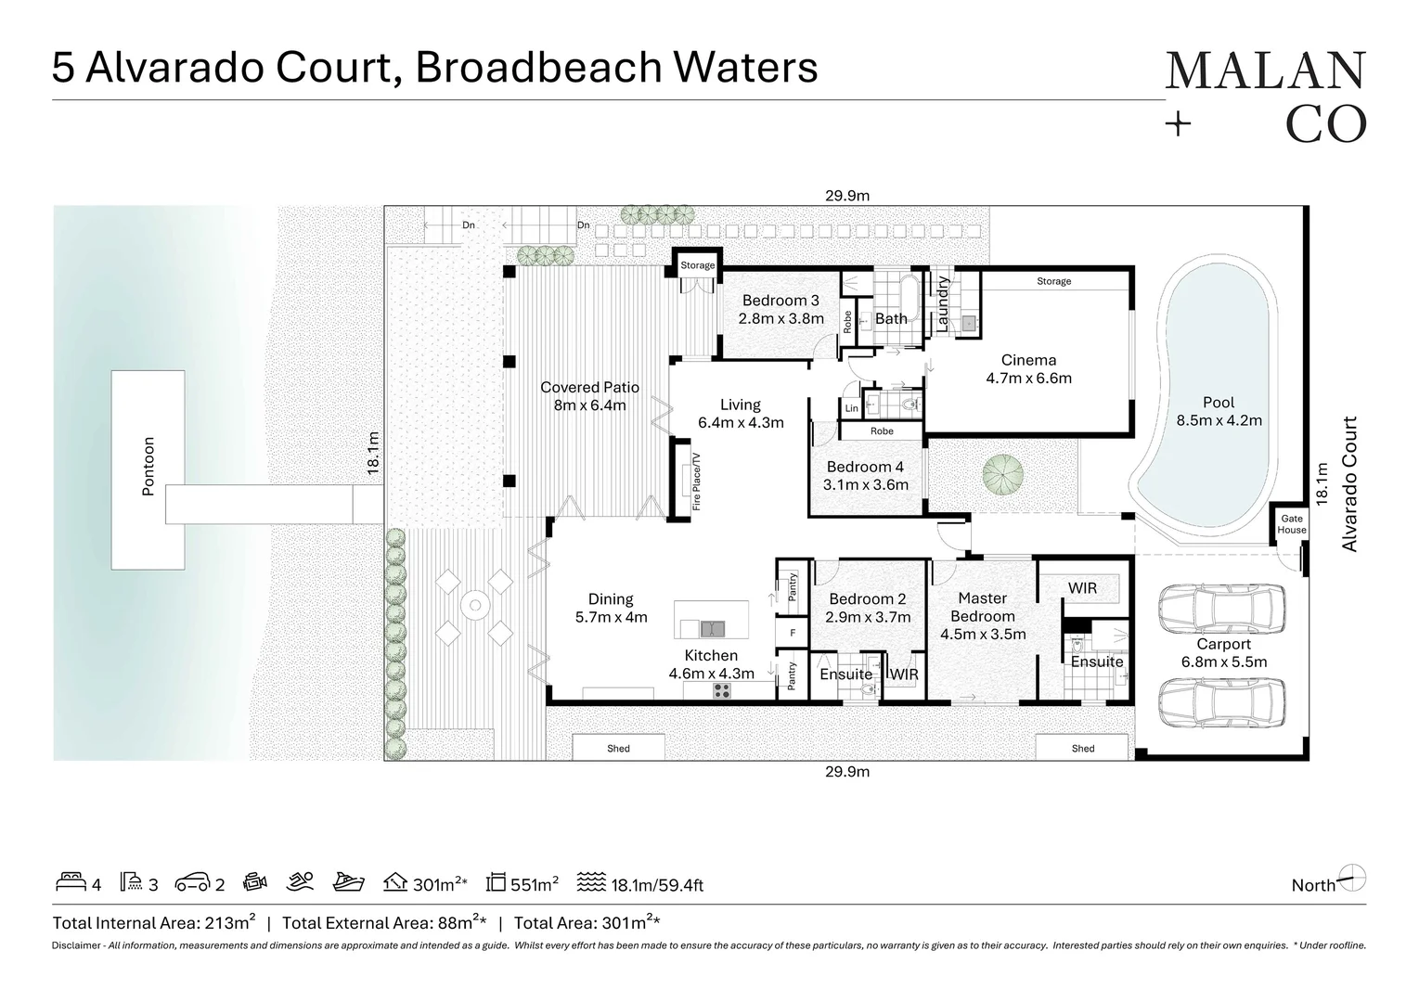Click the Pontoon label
(148, 467)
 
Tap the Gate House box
(1291, 524)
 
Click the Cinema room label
(1028, 361)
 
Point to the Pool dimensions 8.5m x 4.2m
(1219, 420)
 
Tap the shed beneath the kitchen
(618, 748)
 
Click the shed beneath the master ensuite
(1082, 748)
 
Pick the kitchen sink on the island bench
(713, 629)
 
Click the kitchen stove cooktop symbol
(721, 690)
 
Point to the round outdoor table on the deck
(475, 608)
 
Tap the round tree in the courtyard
(1004, 472)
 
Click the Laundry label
(943, 303)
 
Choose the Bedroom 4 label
(865, 467)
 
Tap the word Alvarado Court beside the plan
(1350, 483)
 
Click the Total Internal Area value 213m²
(232, 922)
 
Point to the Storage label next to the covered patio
(698, 265)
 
